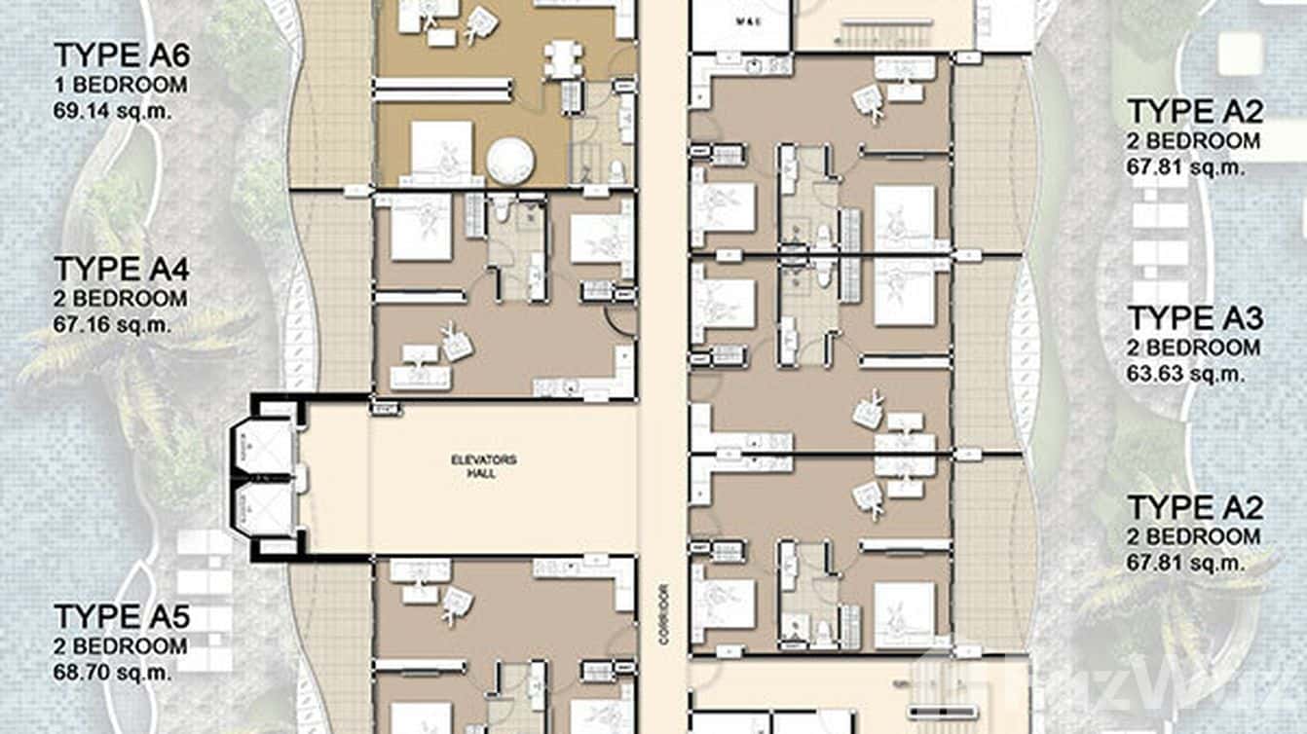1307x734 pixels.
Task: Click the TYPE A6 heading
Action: tap(121, 55)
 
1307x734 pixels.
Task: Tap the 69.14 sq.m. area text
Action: tap(112, 111)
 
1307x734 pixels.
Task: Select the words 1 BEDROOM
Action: tap(120, 85)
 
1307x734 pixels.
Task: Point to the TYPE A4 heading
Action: tap(121, 269)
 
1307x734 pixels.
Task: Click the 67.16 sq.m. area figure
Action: tap(112, 324)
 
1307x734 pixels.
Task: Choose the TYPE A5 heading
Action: tap(121, 616)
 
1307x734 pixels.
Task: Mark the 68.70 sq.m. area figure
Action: tap(112, 672)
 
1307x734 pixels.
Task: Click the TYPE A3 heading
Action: tap(1195, 318)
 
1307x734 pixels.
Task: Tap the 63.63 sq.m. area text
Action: tap(1186, 374)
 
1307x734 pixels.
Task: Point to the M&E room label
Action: tap(748, 21)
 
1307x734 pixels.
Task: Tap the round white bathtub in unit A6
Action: tap(510, 161)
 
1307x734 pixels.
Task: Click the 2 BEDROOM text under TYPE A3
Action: tap(1194, 348)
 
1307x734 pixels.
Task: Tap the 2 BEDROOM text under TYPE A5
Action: tap(120, 645)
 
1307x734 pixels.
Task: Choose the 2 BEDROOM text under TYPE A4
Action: tap(120, 298)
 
